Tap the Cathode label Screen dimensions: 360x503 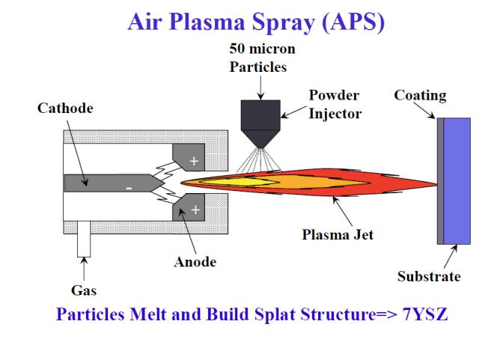point(66,109)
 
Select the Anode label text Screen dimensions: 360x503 point(195,262)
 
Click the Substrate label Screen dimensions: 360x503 point(429,276)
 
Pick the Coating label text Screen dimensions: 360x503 point(420,96)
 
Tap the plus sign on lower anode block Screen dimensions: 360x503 point(196,210)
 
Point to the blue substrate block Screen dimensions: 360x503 point(457,180)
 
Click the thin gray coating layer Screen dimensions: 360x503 point(440,180)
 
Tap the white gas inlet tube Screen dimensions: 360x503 point(83,240)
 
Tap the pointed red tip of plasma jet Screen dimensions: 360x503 point(431,184)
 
